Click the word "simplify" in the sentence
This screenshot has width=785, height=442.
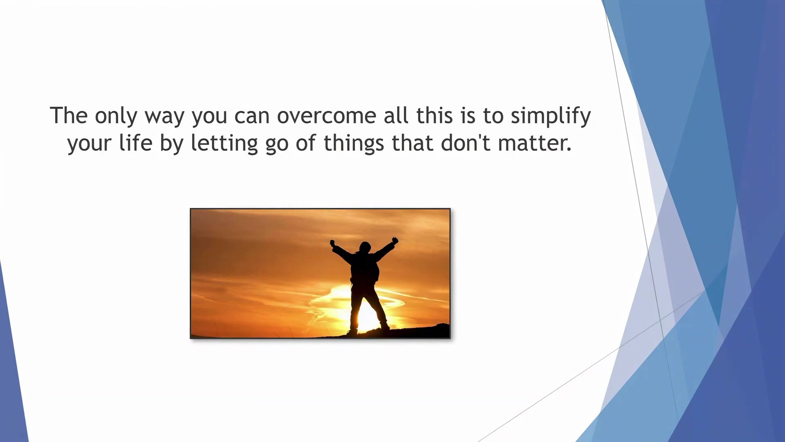tap(551, 116)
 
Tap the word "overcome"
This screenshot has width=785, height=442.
tap(327, 116)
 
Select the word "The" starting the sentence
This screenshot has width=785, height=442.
tap(69, 115)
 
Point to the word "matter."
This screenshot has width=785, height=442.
tap(534, 144)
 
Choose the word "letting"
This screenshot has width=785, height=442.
tap(224, 144)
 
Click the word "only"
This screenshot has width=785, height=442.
tap(116, 116)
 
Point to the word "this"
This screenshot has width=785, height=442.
tap(435, 115)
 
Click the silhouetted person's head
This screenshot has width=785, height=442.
tap(365, 247)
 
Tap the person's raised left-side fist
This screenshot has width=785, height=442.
tap(332, 243)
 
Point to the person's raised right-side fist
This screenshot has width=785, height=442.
tap(395, 241)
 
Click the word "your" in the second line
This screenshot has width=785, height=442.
tap(90, 146)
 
